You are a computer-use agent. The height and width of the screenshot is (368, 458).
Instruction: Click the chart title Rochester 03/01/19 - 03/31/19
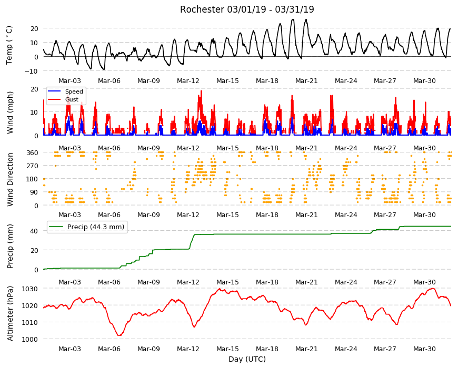(x=247, y=9)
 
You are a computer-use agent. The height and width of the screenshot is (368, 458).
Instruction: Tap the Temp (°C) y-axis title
(x=9, y=45)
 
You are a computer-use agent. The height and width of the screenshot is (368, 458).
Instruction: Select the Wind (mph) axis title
(x=10, y=113)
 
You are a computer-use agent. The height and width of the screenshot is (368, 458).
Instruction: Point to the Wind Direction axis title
(x=10, y=179)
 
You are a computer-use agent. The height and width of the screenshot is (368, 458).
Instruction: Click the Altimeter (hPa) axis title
(x=10, y=313)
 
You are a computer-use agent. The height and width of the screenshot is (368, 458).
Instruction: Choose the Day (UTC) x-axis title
(x=247, y=359)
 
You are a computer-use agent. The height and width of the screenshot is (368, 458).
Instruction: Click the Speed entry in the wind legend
(x=74, y=91)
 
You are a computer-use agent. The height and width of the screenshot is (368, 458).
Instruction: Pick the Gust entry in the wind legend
(x=72, y=99)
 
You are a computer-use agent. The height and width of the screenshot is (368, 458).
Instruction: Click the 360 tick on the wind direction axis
(x=33, y=152)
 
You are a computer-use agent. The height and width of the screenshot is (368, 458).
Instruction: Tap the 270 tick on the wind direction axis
(x=33, y=166)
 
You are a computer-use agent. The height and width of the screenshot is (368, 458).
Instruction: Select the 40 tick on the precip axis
(x=34, y=231)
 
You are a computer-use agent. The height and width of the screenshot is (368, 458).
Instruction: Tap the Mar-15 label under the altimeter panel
(x=227, y=349)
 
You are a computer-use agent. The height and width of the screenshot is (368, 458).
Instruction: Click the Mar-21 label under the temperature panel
(x=306, y=81)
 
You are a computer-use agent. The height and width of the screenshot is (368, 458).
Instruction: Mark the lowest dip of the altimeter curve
(x=119, y=335)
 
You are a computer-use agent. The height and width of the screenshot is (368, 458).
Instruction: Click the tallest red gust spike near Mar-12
(x=201, y=91)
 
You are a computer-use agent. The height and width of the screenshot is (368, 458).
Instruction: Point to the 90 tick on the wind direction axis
(x=34, y=192)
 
